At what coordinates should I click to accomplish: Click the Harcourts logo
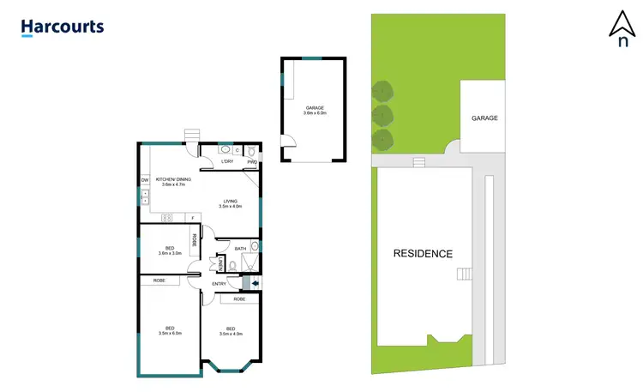[x=63, y=27]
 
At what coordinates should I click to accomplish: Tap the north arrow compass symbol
[x=619, y=27]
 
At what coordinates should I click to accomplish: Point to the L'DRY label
[x=227, y=161]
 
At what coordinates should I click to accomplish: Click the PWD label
[x=252, y=162]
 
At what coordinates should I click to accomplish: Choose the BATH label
[x=241, y=249]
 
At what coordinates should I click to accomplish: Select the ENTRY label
[x=219, y=284]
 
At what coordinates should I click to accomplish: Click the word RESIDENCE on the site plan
[x=423, y=254]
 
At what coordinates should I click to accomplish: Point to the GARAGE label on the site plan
[x=484, y=118]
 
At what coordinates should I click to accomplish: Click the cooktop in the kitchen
[x=166, y=219]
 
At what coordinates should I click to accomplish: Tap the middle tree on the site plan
[x=382, y=114]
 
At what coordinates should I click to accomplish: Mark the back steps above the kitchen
[x=191, y=134]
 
